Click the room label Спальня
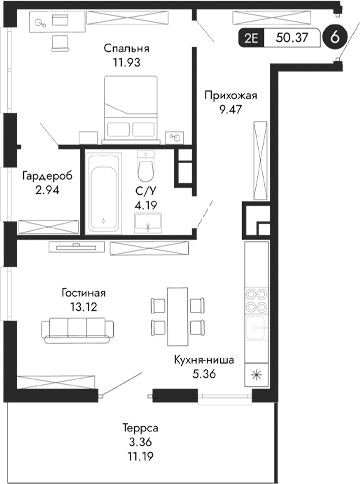[x=126, y=47]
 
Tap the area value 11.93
[x=126, y=62]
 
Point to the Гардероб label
[x=45, y=175]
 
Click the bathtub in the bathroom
[x=103, y=192]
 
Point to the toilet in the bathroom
[x=148, y=164]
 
